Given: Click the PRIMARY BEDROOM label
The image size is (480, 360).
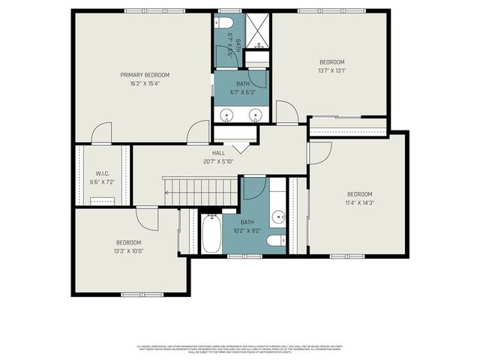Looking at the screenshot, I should (x=145, y=75).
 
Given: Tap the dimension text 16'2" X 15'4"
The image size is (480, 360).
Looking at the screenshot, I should (x=145, y=83).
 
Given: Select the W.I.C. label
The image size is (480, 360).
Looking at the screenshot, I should (x=103, y=173).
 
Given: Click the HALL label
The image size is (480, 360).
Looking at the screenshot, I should (x=218, y=153).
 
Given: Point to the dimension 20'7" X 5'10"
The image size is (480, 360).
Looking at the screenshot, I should (x=218, y=161).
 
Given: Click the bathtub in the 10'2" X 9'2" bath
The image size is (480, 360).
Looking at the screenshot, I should (x=211, y=234).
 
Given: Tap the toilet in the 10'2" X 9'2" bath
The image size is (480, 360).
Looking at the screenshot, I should (x=276, y=240).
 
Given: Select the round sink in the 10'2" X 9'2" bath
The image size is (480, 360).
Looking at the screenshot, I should (x=277, y=217).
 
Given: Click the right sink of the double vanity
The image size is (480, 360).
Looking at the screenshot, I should (x=255, y=115).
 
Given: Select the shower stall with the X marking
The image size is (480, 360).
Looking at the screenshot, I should (x=258, y=28).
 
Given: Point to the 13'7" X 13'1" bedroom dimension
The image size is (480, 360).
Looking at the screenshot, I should (x=331, y=70).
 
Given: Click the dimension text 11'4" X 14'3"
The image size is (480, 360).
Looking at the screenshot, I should (x=358, y=202).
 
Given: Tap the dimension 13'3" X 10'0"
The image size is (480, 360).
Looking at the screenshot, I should (x=129, y=250).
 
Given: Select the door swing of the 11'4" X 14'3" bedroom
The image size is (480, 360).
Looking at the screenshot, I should (x=319, y=153).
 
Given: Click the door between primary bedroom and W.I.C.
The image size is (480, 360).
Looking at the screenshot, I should (x=100, y=135).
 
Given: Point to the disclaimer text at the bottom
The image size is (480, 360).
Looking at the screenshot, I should (x=240, y=349).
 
